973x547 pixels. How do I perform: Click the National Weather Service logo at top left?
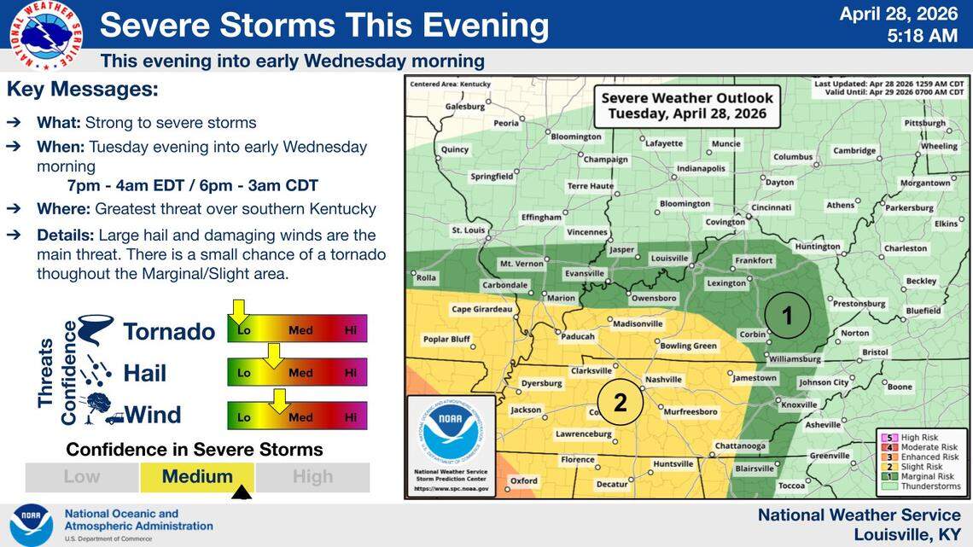(x=46, y=33)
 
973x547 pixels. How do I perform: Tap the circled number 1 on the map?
(x=787, y=316)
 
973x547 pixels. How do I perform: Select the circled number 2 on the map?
(x=620, y=401)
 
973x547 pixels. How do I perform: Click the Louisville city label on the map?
(x=669, y=258)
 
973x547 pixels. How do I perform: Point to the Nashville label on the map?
(x=664, y=379)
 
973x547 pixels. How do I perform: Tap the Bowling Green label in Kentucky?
(x=688, y=346)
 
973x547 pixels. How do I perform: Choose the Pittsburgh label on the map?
(x=924, y=123)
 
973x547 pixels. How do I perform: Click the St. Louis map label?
(x=468, y=230)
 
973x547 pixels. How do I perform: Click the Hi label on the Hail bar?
(x=350, y=373)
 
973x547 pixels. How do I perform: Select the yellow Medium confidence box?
(x=197, y=477)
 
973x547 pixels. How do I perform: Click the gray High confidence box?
(x=312, y=477)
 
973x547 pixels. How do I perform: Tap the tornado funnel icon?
(x=96, y=329)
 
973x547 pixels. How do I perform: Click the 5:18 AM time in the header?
(x=922, y=36)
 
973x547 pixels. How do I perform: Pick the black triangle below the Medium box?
(x=242, y=492)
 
